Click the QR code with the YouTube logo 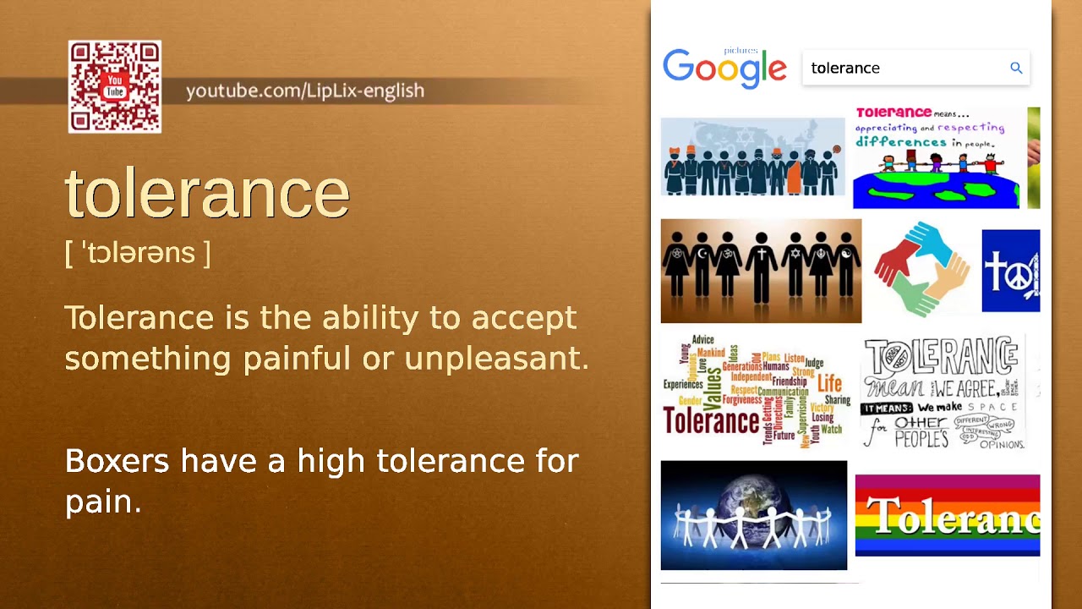(115, 87)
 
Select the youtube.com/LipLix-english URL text (304, 91)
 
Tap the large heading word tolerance (207, 193)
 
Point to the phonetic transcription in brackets (138, 253)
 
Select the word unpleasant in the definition (495, 359)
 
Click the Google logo (724, 69)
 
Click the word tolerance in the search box (845, 69)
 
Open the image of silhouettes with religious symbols (761, 272)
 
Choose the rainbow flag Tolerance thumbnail (947, 515)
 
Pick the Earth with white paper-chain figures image (753, 515)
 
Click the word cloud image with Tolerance (756, 390)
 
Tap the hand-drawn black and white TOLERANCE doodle (943, 392)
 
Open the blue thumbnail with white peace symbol (1011, 271)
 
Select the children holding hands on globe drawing (937, 158)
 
